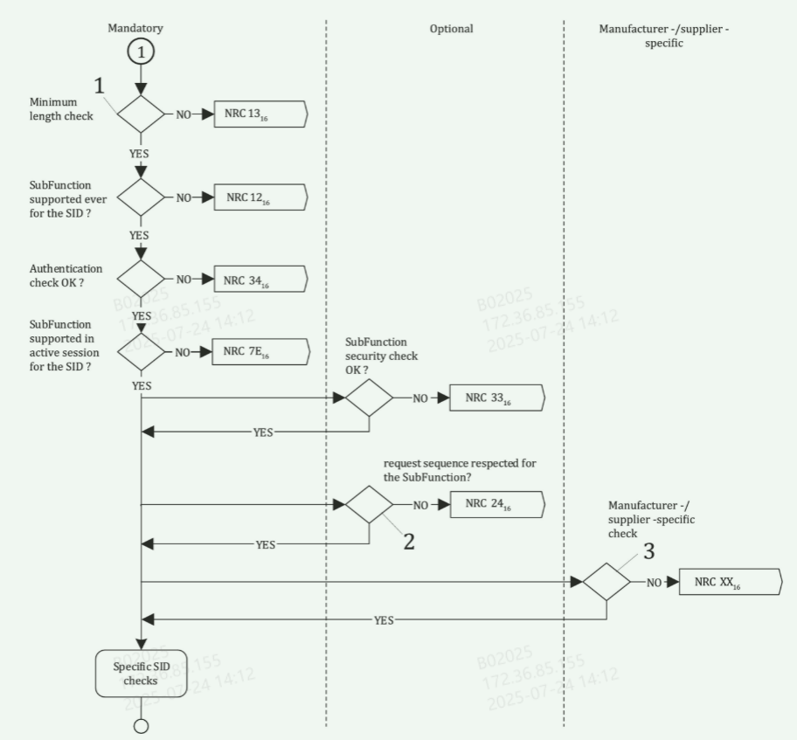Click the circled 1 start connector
(x=141, y=52)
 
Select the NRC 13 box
(x=261, y=114)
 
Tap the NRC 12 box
(x=261, y=197)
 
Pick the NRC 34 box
(x=261, y=280)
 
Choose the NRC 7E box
(x=261, y=352)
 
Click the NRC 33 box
(x=496, y=398)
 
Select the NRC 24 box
(x=496, y=504)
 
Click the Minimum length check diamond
(x=141, y=114)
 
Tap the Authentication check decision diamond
(x=141, y=280)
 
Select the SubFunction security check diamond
(x=369, y=398)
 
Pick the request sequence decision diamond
(x=369, y=504)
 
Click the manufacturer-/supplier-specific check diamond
(x=606, y=582)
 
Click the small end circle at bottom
(x=141, y=725)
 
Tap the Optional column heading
(x=451, y=29)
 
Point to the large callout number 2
(x=408, y=541)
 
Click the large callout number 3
(x=648, y=551)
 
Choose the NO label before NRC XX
(x=654, y=583)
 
